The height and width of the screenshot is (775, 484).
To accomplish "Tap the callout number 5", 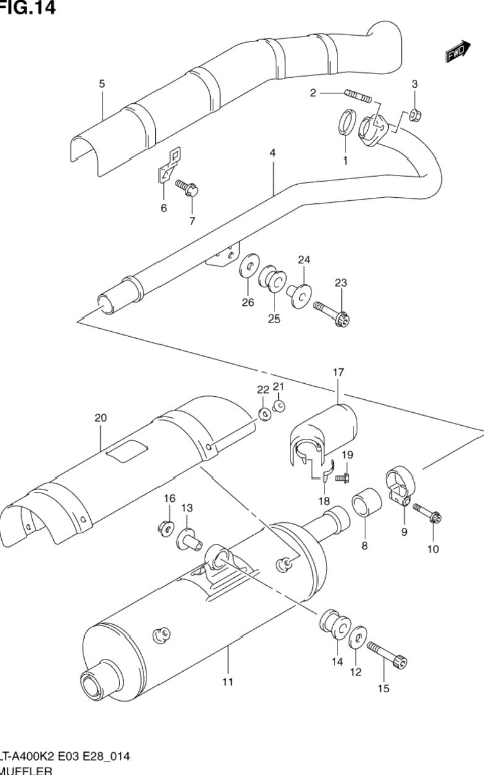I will (x=102, y=83).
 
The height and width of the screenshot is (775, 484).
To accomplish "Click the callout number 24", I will (x=304, y=260).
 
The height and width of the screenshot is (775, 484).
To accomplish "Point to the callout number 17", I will (x=338, y=373).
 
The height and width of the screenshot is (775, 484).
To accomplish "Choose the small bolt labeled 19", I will (x=341, y=477).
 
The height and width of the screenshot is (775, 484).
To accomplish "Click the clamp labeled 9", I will (x=396, y=486).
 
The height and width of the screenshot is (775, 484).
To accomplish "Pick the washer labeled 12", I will (x=358, y=640).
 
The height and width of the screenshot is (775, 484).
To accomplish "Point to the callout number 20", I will (x=101, y=418).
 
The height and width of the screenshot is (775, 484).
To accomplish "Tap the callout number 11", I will (x=227, y=682).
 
